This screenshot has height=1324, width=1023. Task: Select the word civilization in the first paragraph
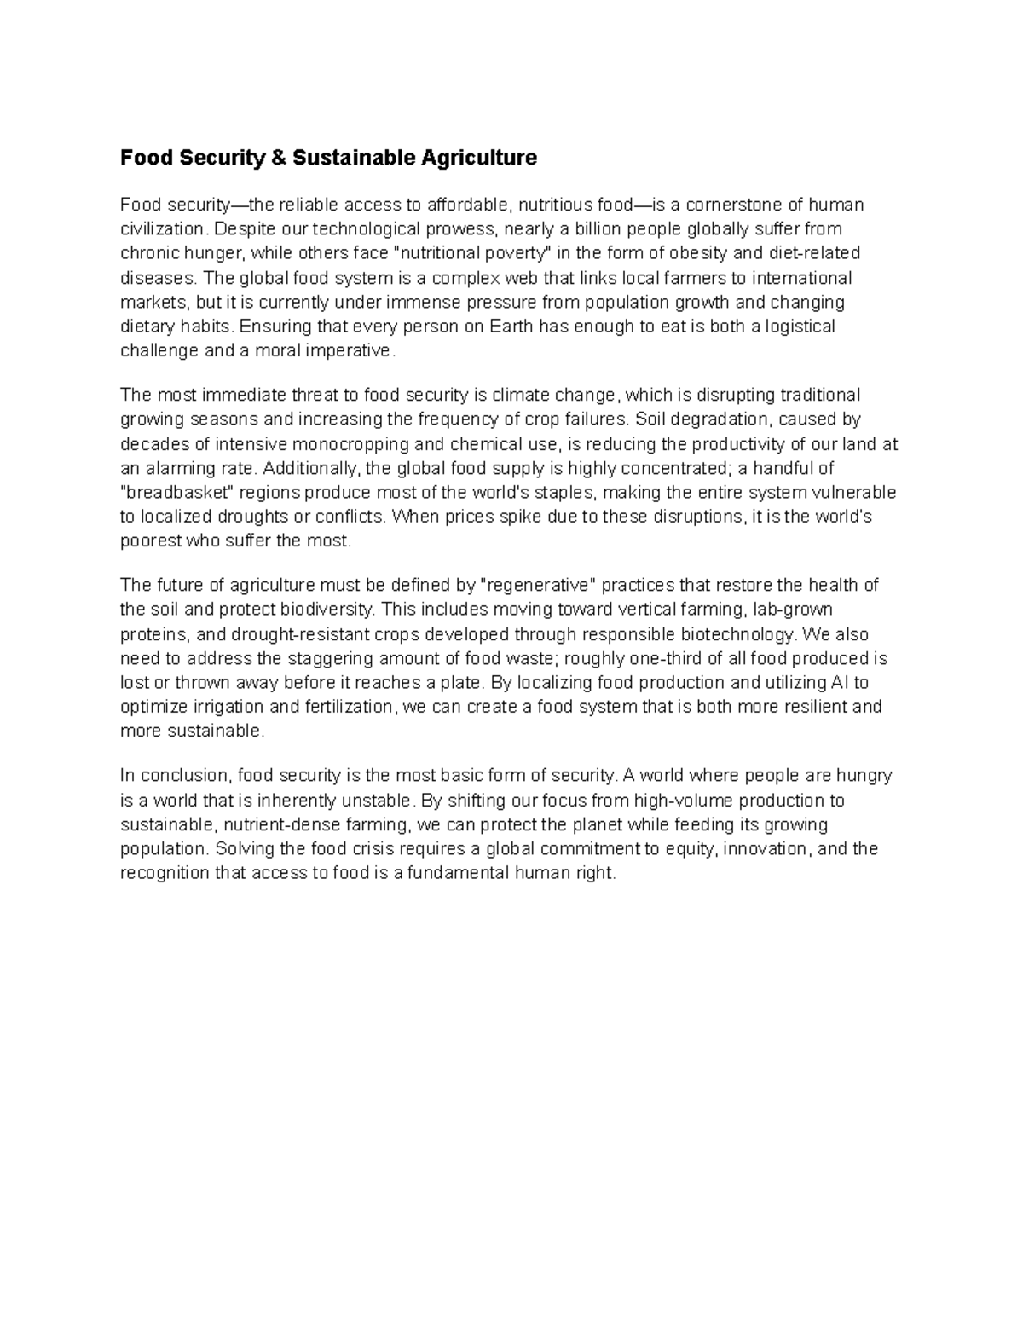[x=162, y=229]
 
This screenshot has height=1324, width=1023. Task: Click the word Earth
[x=511, y=327]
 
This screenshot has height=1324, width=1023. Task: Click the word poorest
[x=150, y=541]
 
